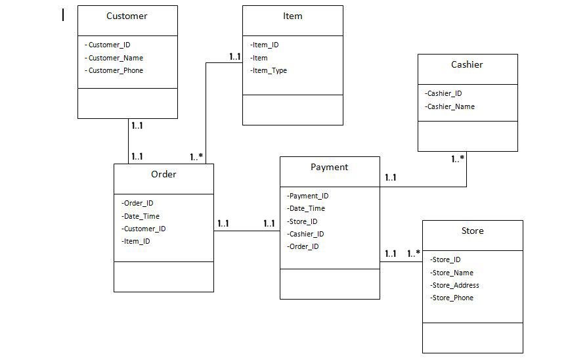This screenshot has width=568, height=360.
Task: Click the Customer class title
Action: [x=127, y=16]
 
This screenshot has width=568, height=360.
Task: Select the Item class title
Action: [x=292, y=16]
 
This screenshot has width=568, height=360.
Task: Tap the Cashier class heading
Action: [x=467, y=64]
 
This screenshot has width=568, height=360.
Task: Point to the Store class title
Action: [x=472, y=231]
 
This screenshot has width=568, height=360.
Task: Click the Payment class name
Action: [x=329, y=167]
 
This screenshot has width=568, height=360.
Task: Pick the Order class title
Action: [x=164, y=174]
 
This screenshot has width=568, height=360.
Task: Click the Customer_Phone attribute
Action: [x=115, y=70]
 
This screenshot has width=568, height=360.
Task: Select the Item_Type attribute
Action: [x=269, y=70]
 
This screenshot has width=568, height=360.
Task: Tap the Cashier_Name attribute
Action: [x=450, y=106]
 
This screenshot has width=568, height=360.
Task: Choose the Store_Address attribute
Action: [x=454, y=285]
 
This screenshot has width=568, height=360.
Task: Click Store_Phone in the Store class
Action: [x=452, y=298]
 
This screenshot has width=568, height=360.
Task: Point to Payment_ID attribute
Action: [x=308, y=195]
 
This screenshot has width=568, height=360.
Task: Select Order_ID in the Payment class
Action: [x=303, y=246]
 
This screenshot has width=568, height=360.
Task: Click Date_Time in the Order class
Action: [x=141, y=216]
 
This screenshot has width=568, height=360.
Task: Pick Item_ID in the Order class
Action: [x=136, y=241]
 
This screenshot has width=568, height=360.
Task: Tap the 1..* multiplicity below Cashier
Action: [x=458, y=159]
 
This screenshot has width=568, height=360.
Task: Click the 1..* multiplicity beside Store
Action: [x=413, y=254]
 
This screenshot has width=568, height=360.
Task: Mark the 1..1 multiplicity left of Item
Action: [x=234, y=57]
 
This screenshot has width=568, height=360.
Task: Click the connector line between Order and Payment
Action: [x=246, y=231]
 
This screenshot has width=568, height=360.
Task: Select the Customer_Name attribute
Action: [x=115, y=58]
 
